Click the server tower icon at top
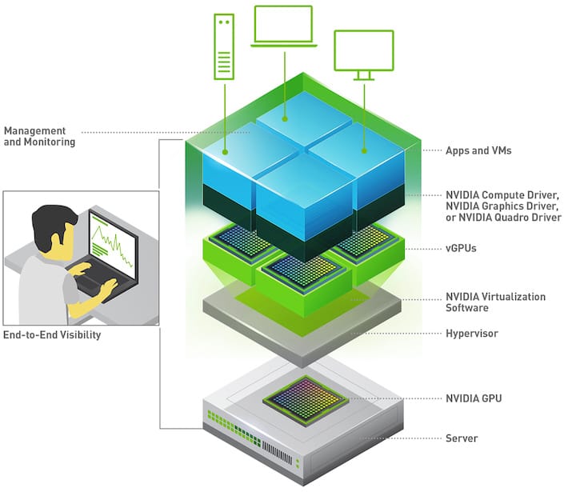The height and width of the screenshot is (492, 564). pos(224,47)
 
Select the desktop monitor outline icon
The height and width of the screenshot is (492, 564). pos(363,54)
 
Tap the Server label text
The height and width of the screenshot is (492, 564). pos(462,438)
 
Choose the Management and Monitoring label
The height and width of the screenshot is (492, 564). pos(39,136)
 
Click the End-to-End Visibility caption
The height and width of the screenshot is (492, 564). pos(52,335)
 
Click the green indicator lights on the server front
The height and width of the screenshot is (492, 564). pos(228,419)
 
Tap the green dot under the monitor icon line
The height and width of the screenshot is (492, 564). pos(365,150)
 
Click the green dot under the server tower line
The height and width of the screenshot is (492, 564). pos(225,150)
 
